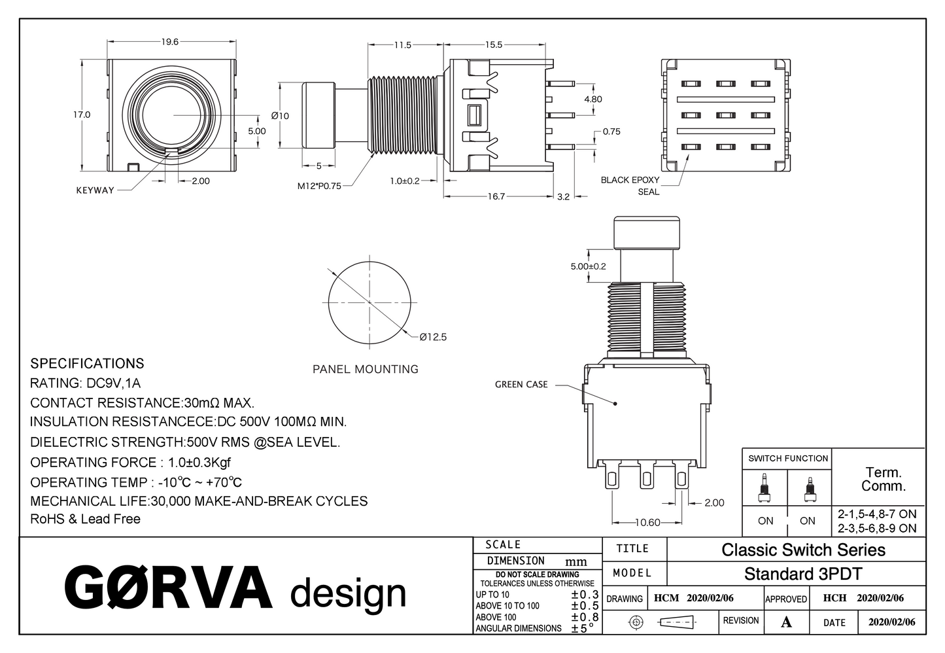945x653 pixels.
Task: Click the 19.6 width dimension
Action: coord(169,42)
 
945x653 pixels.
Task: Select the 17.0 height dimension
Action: coord(82,115)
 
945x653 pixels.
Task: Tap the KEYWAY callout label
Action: coord(95,190)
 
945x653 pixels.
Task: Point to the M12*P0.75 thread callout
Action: coord(319,186)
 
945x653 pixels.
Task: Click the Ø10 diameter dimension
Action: coord(280,116)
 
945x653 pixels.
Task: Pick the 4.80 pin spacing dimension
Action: coord(593,99)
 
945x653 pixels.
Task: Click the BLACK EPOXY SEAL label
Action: coord(630,186)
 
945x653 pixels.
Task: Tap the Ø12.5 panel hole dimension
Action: coord(433,337)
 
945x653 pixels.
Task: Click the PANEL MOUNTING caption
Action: coord(365,369)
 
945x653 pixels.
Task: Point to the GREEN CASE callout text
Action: coord(521,385)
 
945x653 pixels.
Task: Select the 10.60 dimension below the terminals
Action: coord(647,522)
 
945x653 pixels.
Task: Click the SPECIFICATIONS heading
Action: coord(87,364)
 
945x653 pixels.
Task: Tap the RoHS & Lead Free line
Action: coord(85,519)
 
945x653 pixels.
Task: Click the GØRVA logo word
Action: coord(168,587)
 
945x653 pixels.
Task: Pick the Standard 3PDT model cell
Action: coord(803,574)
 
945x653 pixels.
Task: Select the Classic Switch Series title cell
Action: coord(803,550)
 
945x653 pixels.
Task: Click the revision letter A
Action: coord(786,622)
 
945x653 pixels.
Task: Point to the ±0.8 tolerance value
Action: coord(585,616)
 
